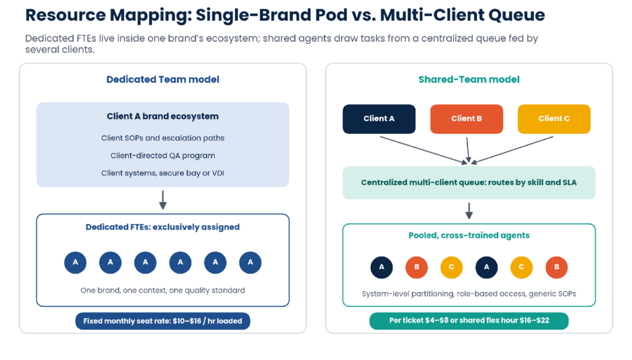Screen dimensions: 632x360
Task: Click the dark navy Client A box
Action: (x=379, y=119)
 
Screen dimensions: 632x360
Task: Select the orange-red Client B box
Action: (x=467, y=119)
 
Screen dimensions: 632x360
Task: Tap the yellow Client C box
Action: (x=554, y=119)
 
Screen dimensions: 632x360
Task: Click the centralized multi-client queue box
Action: (x=469, y=183)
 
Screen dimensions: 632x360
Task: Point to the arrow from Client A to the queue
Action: (x=423, y=150)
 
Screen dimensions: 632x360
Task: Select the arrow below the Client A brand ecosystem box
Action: (x=163, y=199)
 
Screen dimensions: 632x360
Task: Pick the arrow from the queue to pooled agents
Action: (x=469, y=211)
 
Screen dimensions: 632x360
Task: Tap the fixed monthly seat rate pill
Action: (x=163, y=321)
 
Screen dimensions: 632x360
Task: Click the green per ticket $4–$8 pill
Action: (x=469, y=320)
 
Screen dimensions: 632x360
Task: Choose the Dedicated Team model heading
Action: (x=163, y=80)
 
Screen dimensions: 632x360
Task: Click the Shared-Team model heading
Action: (x=469, y=80)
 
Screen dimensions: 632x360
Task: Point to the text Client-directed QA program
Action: (x=163, y=156)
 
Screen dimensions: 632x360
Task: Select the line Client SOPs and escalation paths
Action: (x=163, y=138)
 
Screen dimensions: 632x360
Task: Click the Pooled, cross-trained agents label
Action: (x=469, y=235)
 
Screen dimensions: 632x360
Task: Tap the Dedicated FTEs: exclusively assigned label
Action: (x=163, y=227)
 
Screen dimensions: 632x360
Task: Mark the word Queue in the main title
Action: (x=517, y=15)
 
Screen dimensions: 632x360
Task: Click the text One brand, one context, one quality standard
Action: (x=163, y=290)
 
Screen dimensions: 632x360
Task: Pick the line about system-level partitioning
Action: (x=469, y=294)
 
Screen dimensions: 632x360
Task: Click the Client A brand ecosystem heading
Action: (x=163, y=116)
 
